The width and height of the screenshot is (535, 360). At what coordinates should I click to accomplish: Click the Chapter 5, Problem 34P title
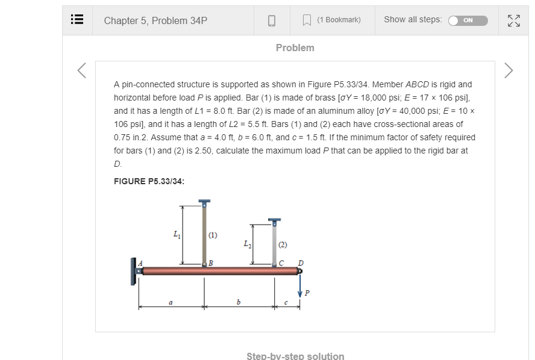(155, 20)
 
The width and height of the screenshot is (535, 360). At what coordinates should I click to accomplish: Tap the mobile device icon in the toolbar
(272, 20)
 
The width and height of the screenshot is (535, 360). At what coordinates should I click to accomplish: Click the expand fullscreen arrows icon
(514, 20)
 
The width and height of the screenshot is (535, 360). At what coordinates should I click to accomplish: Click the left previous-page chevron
(82, 70)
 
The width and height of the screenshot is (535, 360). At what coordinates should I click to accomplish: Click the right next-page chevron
(508, 70)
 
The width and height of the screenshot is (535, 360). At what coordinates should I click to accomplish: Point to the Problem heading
(295, 48)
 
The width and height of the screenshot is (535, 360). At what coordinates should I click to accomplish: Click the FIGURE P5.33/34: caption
(149, 181)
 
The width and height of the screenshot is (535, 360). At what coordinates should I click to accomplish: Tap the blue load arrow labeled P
(299, 284)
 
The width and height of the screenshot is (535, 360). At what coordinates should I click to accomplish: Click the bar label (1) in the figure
(213, 235)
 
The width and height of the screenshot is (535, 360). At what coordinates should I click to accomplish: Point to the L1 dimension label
(176, 234)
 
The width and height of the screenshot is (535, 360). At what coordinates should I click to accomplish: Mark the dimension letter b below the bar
(239, 302)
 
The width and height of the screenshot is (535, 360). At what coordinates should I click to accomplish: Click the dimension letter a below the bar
(171, 302)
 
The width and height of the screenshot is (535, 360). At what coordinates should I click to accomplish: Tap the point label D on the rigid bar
(301, 262)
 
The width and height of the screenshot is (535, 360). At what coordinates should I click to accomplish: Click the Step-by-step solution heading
(295, 356)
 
